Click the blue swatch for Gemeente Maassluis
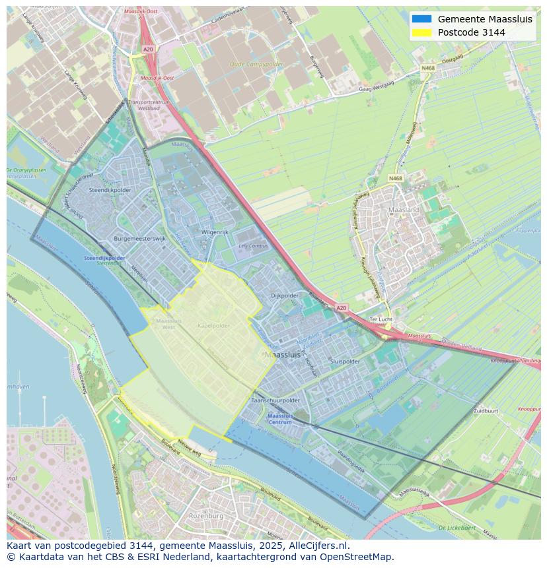coord(421,19)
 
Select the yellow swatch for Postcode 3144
coord(421,32)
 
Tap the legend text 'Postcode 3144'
coord(471,32)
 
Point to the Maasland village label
coord(404,210)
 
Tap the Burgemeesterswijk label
coord(140,239)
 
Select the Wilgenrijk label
coord(214,233)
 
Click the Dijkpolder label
coord(285,296)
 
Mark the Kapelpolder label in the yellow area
coord(213,326)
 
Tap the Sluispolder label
coord(344,362)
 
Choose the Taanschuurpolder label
coord(275,400)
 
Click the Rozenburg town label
coord(206,515)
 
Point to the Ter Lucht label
coord(381,319)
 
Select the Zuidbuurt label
coord(486,410)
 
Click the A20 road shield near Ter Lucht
coord(340,307)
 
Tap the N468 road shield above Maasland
coord(395,179)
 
